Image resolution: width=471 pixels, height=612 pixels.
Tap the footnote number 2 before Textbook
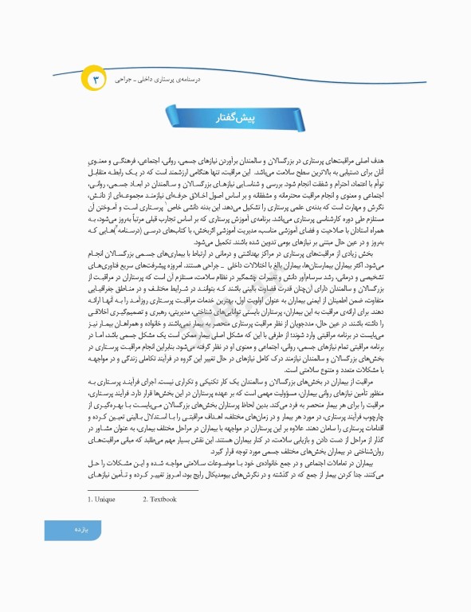[x=144, y=500]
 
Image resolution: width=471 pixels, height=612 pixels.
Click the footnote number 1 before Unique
[x=89, y=500]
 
